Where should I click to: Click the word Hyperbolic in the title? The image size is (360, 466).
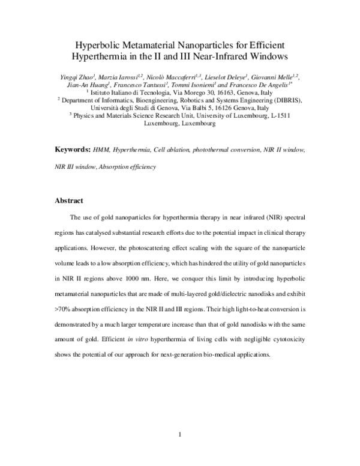(x=100, y=46)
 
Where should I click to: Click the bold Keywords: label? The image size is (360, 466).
(x=72, y=149)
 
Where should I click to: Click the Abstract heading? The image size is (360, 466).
(x=69, y=200)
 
